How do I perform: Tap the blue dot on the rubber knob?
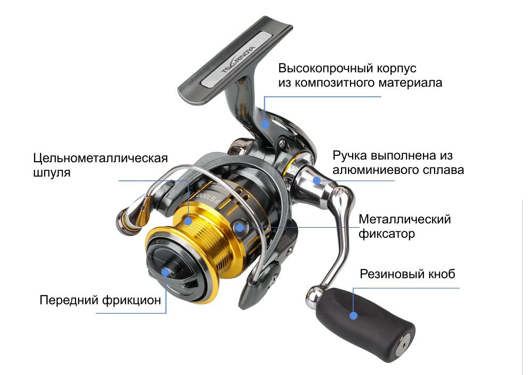point(353,315)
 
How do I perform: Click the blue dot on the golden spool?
point(188,221)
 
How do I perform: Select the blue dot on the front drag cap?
point(165,272)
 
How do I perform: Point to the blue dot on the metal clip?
point(239,227)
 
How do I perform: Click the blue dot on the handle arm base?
point(317,180)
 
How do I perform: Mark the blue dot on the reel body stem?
point(265,124)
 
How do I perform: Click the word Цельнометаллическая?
point(101,158)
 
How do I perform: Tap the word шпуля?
point(52,173)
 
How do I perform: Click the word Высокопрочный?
point(320,68)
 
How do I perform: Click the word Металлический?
point(405,219)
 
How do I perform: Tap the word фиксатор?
point(387,234)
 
